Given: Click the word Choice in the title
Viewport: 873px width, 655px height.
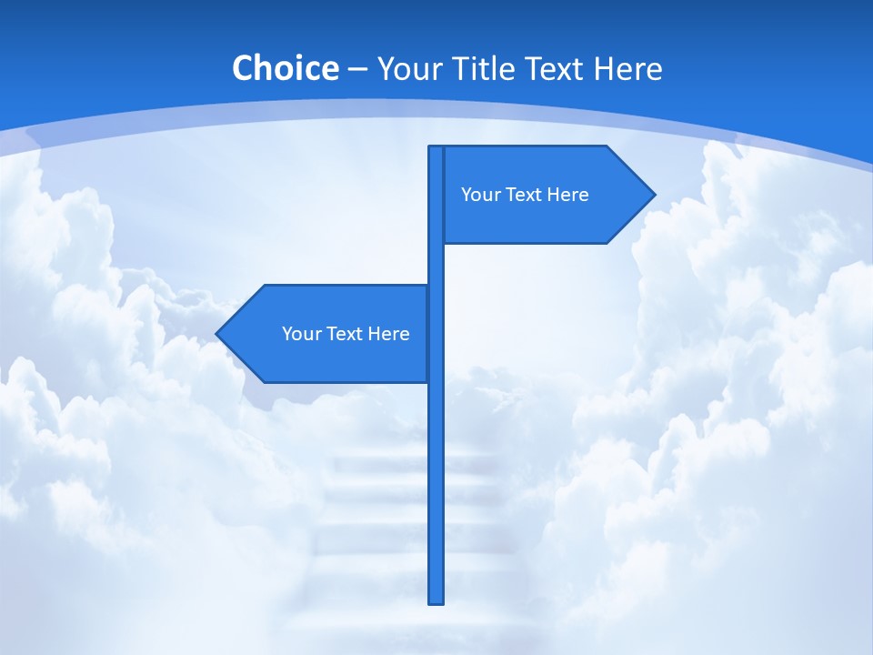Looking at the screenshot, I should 285,69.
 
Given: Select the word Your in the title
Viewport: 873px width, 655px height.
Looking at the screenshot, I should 408,69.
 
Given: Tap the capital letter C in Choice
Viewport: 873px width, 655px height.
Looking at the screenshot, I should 243,69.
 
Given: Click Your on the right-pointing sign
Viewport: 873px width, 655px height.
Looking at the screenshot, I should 480,195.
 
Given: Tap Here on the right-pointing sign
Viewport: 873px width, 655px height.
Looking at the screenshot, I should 568,195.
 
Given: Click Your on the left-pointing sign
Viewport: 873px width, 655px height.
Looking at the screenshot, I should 301,334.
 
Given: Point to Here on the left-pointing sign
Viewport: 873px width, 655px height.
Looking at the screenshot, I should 389,334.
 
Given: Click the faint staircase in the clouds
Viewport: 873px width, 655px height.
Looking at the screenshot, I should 382,509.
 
